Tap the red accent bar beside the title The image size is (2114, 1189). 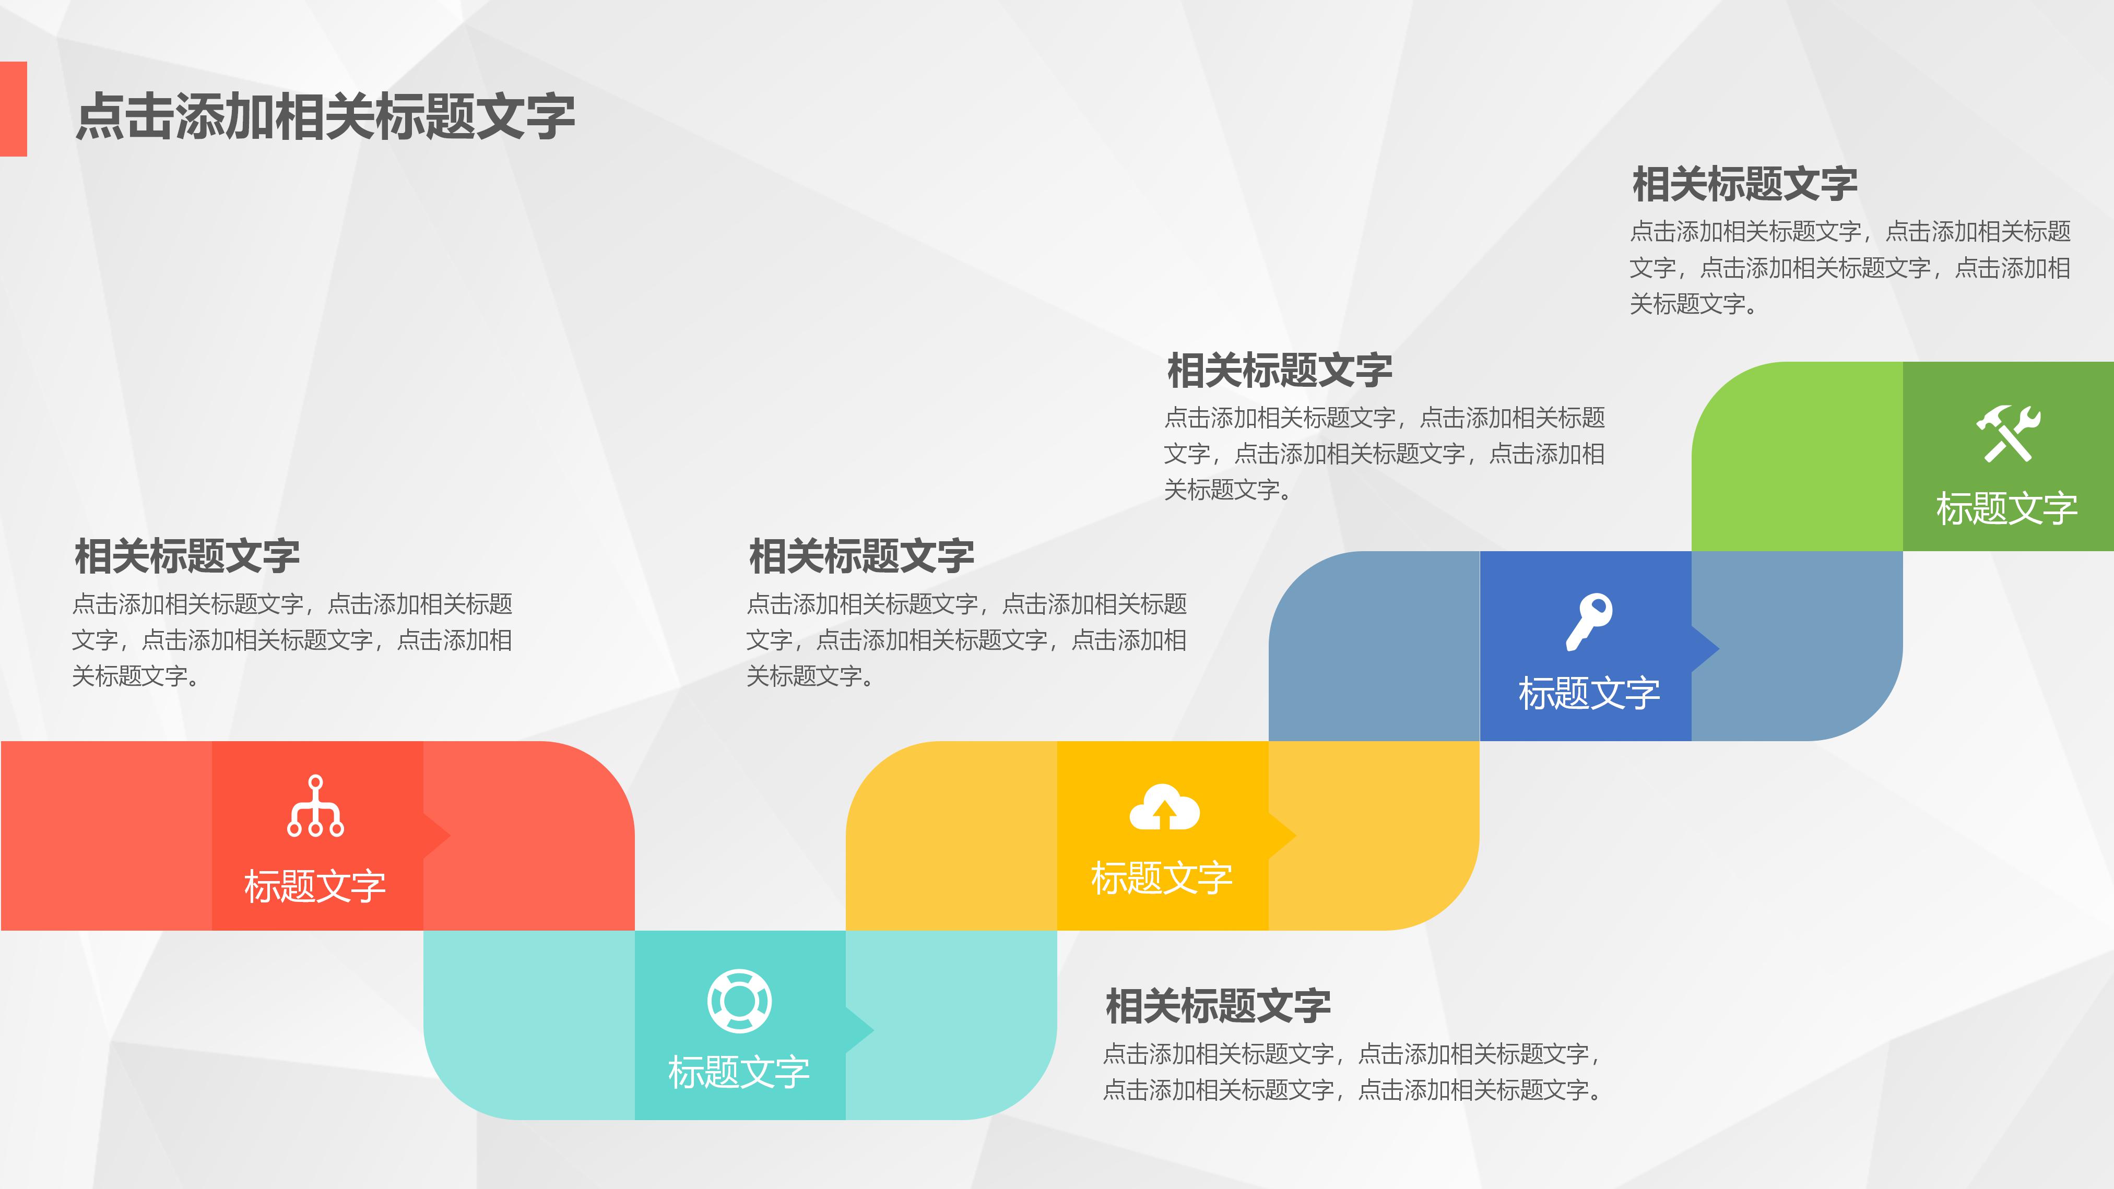13,109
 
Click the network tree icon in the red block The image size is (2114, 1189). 315,806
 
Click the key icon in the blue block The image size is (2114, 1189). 1589,621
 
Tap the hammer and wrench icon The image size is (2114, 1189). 2007,433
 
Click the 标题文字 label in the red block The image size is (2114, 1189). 315,886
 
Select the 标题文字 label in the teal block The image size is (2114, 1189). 739,1072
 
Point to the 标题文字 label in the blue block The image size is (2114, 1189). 1589,693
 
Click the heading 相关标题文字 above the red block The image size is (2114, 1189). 187,556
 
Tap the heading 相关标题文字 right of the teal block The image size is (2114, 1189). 1218,1006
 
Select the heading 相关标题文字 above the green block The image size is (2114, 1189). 1745,184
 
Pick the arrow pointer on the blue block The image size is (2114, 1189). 1707,648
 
